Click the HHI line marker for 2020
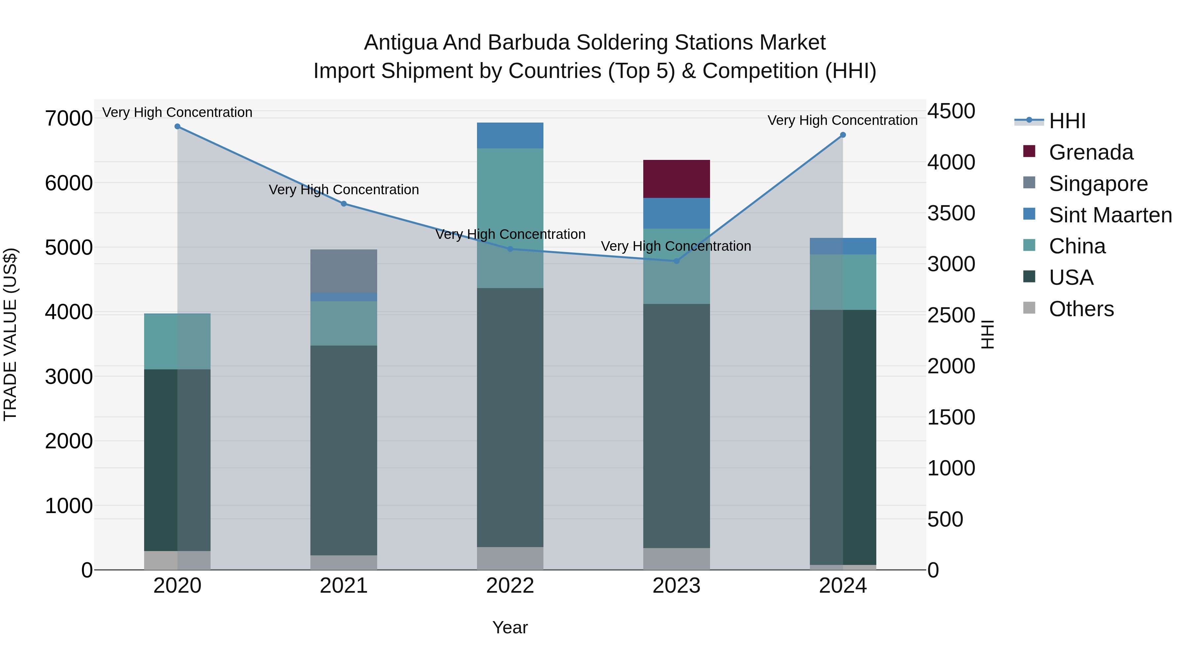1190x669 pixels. pos(178,127)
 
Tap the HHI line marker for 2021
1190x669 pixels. pos(344,204)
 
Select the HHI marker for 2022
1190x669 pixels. pos(510,249)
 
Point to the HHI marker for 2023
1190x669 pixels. pos(676,261)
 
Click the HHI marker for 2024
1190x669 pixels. pos(843,135)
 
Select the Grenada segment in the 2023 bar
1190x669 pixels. pos(676,179)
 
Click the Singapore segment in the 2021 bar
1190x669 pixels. pos(344,271)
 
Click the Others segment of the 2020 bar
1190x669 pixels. pos(178,560)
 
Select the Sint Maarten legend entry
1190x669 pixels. pos(1110,215)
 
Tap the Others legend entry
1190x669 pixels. pos(1081,309)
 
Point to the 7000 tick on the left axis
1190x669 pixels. pos(69,118)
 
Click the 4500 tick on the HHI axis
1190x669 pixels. pos(951,111)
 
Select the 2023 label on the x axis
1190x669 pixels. pos(676,586)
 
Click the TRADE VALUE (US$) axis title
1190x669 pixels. pos(10,334)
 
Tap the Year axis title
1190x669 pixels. pos(510,627)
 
